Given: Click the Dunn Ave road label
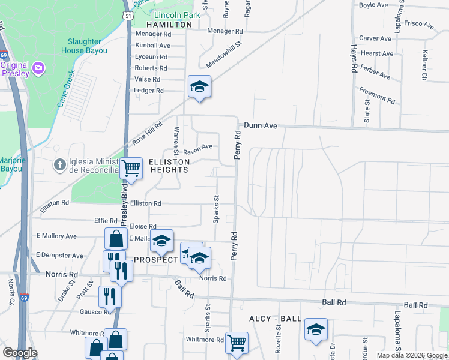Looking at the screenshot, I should coord(260,125).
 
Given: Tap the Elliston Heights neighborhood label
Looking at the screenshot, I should coord(165,166).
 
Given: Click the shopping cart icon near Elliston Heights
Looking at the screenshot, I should coord(131,169).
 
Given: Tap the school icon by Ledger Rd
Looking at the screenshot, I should coord(199,86).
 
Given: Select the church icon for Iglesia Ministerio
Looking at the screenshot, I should coord(59,164).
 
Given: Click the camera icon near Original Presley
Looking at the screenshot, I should coord(39,67).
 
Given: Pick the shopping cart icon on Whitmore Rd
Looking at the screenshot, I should coord(237,343).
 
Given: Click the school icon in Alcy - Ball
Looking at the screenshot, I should coord(316,329).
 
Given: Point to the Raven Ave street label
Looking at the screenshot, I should coord(197,146).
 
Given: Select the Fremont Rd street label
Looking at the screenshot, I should coord(376,96).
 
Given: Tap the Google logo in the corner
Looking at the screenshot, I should coord(20,353).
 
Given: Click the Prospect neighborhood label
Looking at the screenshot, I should coord(156,260).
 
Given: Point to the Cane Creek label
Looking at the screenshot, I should coord(66,89).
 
